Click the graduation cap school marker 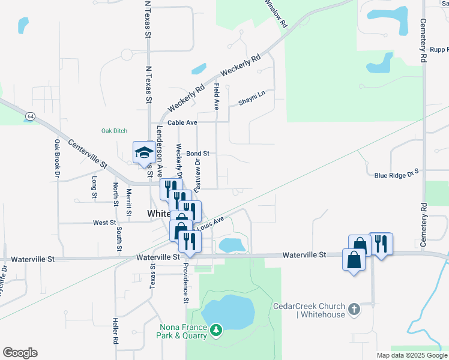pyautogui.click(x=144, y=152)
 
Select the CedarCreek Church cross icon pyautogui.click(x=355, y=310)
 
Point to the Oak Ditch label pyautogui.click(x=114, y=131)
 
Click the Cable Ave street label pyautogui.click(x=182, y=122)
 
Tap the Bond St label pyautogui.click(x=197, y=154)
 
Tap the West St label pyautogui.click(x=104, y=223)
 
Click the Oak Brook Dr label pyautogui.click(x=57, y=158)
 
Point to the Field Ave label pyautogui.click(x=216, y=96)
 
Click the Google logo pyautogui.click(x=20, y=353)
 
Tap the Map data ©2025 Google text pyautogui.click(x=412, y=355)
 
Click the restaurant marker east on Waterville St pyautogui.click(x=381, y=243)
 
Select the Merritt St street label pyautogui.click(x=129, y=202)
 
